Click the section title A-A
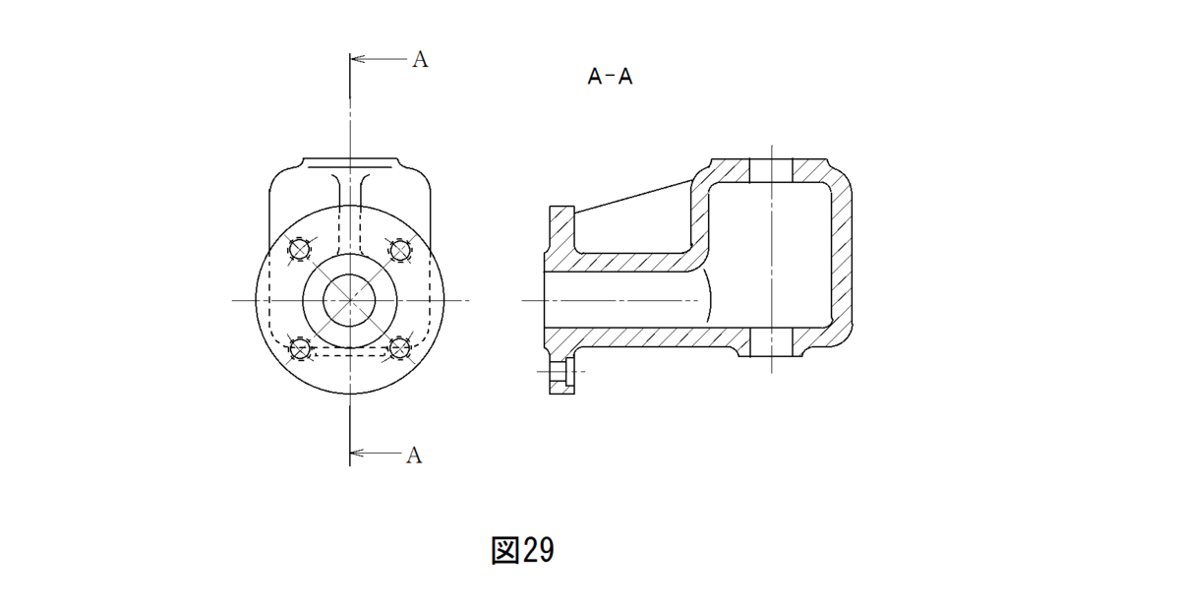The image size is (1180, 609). click(x=610, y=77)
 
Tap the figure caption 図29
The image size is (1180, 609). click(x=522, y=551)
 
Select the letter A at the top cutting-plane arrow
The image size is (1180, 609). click(x=420, y=60)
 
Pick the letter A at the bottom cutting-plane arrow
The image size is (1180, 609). click(x=414, y=456)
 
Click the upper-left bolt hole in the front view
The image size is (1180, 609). click(x=300, y=249)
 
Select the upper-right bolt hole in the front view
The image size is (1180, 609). click(x=400, y=249)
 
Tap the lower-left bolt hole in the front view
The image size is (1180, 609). click(x=300, y=348)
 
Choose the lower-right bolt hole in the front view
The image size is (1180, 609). click(x=400, y=348)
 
